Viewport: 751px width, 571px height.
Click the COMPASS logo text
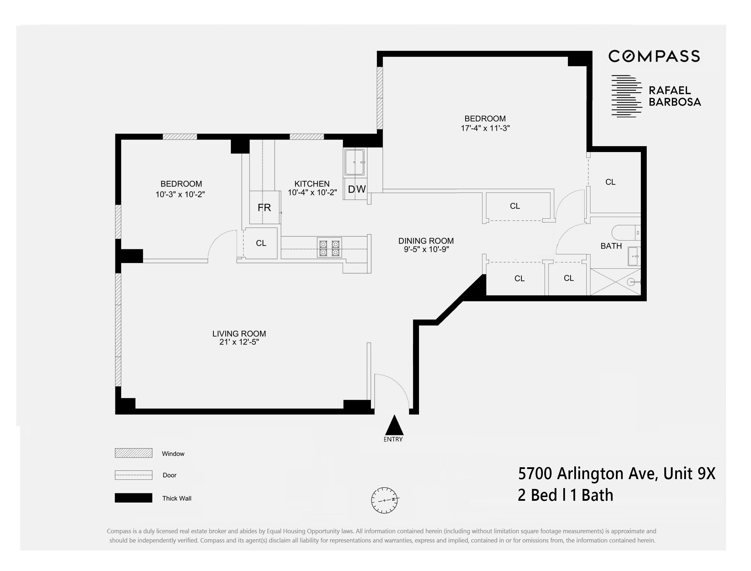pyautogui.click(x=654, y=56)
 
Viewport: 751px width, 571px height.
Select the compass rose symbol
pyautogui.click(x=384, y=500)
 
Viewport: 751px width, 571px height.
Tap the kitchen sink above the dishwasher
pyautogui.click(x=355, y=162)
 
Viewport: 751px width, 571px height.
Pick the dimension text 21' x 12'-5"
pyautogui.click(x=239, y=342)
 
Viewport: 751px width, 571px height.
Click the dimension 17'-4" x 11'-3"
pyautogui.click(x=485, y=129)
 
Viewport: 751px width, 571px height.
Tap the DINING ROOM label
pyautogui.click(x=426, y=241)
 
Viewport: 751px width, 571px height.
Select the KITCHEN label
pyautogui.click(x=312, y=184)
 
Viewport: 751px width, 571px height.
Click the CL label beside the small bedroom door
pyautogui.click(x=261, y=243)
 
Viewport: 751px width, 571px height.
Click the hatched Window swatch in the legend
pyautogui.click(x=133, y=453)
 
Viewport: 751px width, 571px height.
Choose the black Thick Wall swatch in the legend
pyautogui.click(x=133, y=498)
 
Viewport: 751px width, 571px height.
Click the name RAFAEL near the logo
pyautogui.click(x=670, y=90)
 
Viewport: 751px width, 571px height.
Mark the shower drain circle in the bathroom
pyautogui.click(x=631, y=282)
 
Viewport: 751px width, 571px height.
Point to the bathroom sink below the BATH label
pyautogui.click(x=634, y=256)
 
